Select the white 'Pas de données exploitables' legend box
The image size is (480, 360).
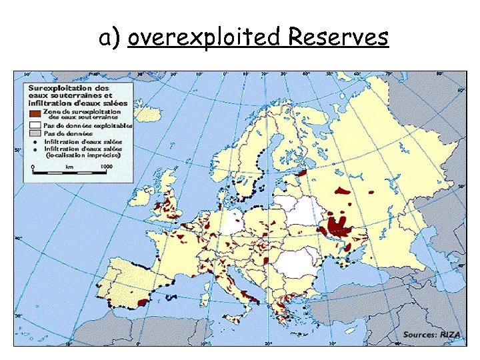pyautogui.click(x=33, y=125)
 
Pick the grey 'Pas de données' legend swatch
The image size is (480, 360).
pyautogui.click(x=33, y=133)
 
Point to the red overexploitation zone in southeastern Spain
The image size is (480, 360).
pyautogui.click(x=141, y=301)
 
